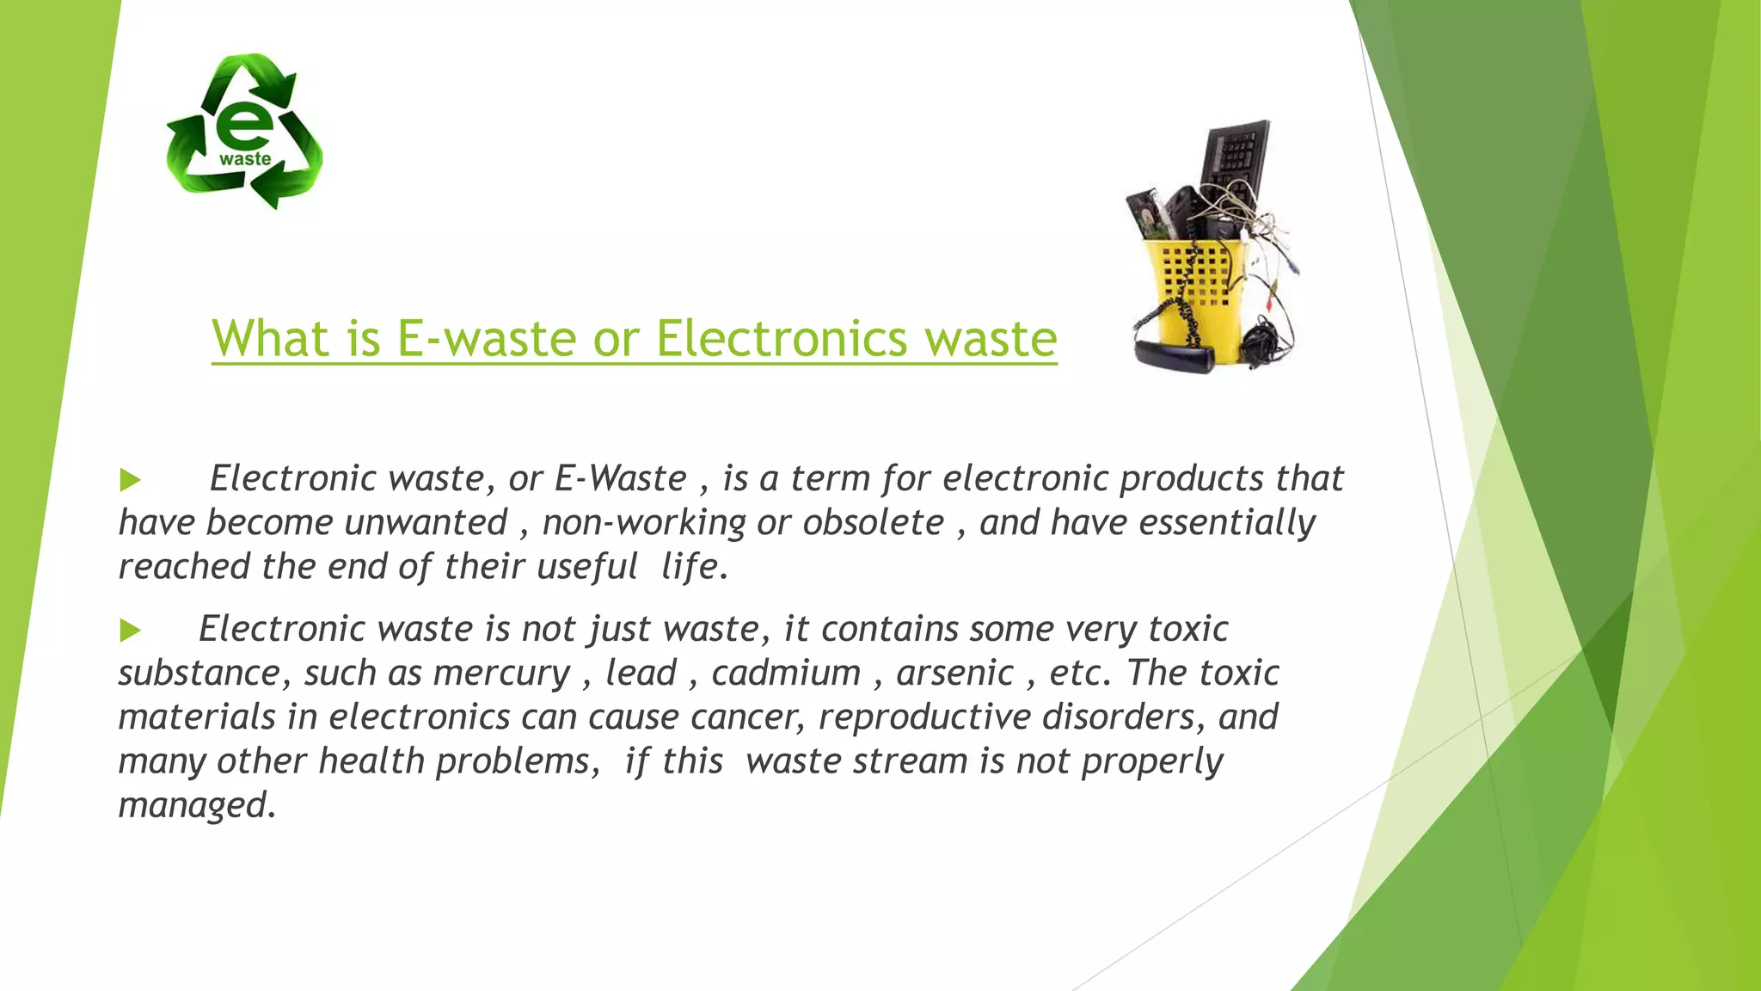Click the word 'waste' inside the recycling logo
tap(245, 159)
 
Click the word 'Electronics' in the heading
tap(782, 338)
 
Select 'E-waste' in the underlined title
tap(486, 338)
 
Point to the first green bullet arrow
tap(130, 480)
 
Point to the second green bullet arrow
tap(130, 631)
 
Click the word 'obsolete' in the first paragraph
tap(873, 523)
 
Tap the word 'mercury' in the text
tap(502, 674)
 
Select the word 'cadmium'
tap(786, 674)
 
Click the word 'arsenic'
tap(954, 674)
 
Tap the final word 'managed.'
tap(198, 805)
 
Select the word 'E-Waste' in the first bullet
tap(620, 479)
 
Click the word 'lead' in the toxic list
tap(641, 674)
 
